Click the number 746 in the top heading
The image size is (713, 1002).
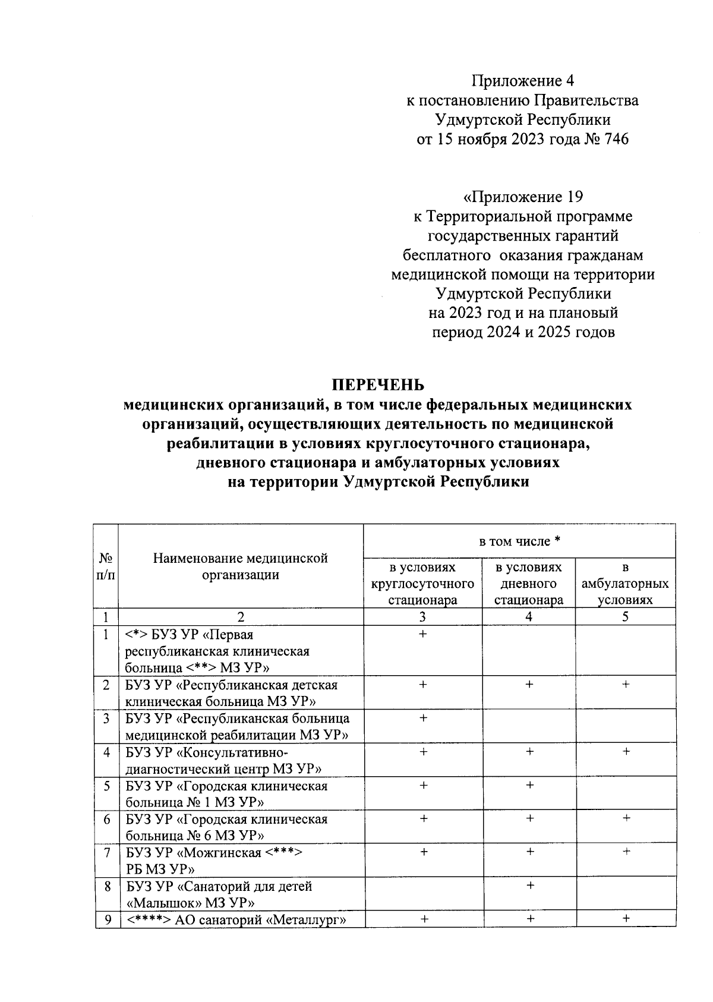(615, 140)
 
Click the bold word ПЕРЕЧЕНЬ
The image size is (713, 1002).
(378, 385)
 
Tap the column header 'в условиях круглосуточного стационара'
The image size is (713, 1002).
(422, 584)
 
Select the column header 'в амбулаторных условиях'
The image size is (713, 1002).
(625, 584)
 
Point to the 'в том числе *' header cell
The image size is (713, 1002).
(519, 541)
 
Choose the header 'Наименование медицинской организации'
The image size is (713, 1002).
(241, 566)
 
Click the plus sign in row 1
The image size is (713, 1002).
(422, 635)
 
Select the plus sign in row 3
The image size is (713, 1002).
(423, 719)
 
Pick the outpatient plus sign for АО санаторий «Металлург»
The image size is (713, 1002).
(626, 919)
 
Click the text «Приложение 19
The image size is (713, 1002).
(523, 197)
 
